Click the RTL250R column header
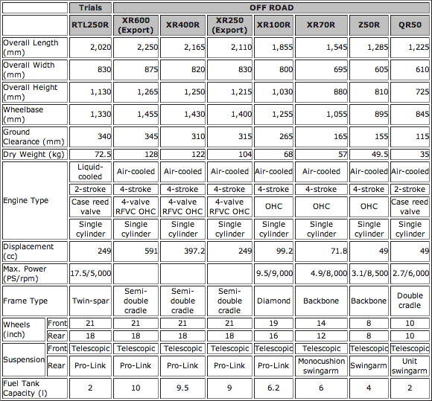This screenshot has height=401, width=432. click(x=91, y=25)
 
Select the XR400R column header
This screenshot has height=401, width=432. click(x=183, y=25)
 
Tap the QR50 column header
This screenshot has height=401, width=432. click(x=410, y=25)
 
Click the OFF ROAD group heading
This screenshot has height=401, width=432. click(x=273, y=7)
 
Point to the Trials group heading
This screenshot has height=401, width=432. click(x=91, y=7)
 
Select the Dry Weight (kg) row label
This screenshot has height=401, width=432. click(x=34, y=154)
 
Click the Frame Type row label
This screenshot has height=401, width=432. click(x=25, y=301)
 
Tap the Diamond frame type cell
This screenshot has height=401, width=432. click(x=273, y=301)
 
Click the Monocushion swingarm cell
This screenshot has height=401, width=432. click(x=322, y=365)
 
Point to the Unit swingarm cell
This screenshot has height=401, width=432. click(x=410, y=365)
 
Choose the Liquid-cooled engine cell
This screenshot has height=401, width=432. click(x=91, y=171)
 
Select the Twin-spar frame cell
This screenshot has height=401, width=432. click(x=91, y=301)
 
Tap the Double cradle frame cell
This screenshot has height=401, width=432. click(x=410, y=301)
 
